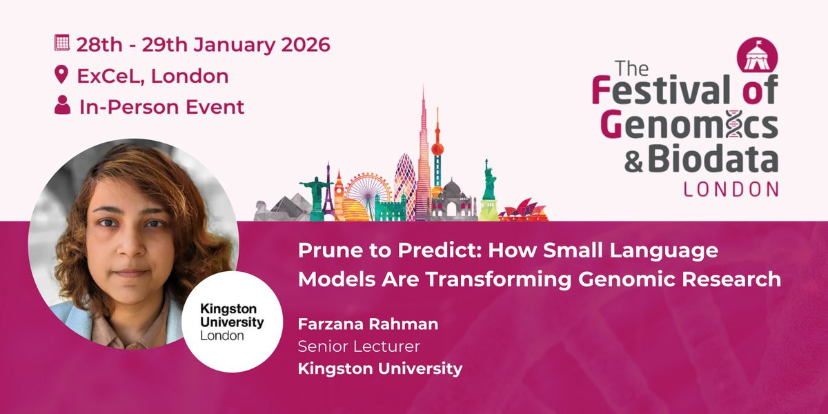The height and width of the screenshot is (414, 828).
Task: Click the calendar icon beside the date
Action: pos(61,43)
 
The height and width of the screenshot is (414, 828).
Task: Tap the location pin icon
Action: pos(61,75)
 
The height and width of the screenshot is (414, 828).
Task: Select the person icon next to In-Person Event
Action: pos(63,105)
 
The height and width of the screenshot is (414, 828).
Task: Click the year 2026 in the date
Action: pos(305,45)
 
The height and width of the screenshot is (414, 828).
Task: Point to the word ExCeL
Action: pos(110,76)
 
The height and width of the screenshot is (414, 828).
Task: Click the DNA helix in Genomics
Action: pos(735,124)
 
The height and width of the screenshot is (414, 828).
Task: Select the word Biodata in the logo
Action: pos(713,159)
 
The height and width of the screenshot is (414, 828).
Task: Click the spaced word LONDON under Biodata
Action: pos(731,189)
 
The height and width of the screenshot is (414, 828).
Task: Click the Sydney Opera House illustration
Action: pos(524,210)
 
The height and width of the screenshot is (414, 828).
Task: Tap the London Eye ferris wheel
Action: pos(368,192)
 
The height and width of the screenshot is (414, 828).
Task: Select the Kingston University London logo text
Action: pos(232,322)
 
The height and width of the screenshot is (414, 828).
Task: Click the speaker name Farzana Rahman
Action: pos(368,324)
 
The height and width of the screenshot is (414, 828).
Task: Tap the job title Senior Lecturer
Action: pos(359,346)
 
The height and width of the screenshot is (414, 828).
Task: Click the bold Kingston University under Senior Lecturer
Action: pos(380,369)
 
